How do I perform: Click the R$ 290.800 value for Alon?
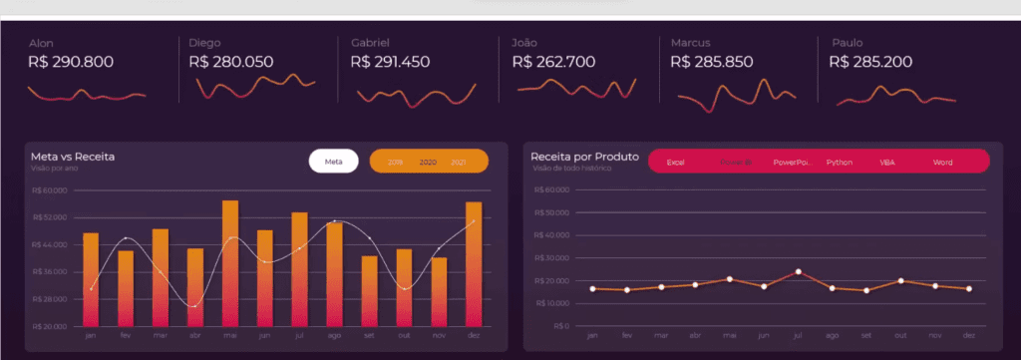point(71,62)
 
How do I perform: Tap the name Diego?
point(204,43)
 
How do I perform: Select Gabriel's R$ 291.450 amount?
point(390,62)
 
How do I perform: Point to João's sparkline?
point(575,89)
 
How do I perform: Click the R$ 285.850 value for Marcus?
point(712,62)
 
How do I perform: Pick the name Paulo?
point(848,43)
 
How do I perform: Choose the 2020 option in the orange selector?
point(428,162)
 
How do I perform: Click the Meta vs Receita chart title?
point(73,157)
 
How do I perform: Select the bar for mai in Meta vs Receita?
point(230,263)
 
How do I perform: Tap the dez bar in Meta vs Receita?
point(474,264)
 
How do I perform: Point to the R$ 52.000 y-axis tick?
point(50,216)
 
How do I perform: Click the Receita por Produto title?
point(584,157)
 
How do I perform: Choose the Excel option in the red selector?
point(675,162)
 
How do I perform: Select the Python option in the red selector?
point(840,162)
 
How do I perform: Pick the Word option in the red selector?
point(943,162)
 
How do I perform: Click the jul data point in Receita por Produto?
point(799,271)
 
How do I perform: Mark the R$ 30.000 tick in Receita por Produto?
point(551,258)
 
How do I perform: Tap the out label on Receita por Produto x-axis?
point(901,336)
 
